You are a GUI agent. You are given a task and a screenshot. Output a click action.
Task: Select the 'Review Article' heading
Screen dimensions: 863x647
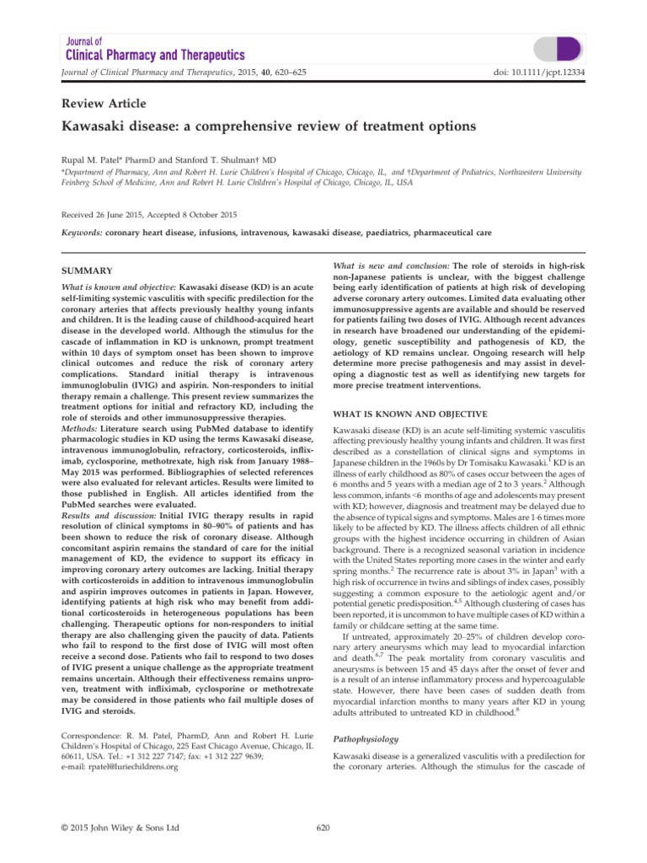[104, 104]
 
